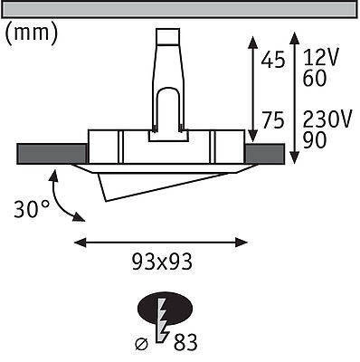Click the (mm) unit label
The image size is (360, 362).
click(x=32, y=33)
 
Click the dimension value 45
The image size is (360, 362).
click(x=272, y=60)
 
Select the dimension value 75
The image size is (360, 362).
click(x=272, y=120)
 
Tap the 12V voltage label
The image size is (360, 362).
click(x=321, y=57)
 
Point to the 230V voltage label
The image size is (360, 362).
click(x=327, y=119)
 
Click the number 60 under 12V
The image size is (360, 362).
click(x=315, y=78)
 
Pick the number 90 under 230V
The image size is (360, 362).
click(x=315, y=140)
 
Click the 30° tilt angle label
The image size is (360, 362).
click(x=32, y=209)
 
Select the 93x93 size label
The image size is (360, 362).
click(x=162, y=262)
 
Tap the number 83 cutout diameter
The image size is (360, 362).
click(x=185, y=343)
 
